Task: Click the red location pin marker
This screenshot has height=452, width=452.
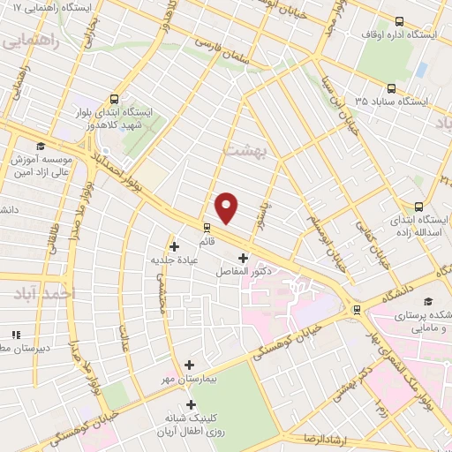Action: tap(228, 207)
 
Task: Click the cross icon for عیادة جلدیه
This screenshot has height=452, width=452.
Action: tap(174, 245)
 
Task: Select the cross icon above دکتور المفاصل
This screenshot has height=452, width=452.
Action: tap(243, 258)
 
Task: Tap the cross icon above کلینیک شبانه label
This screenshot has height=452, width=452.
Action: tap(192, 404)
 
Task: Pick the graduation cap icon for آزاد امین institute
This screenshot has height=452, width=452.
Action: tap(40, 147)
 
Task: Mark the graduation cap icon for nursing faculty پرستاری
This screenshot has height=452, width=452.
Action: tap(428, 300)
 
